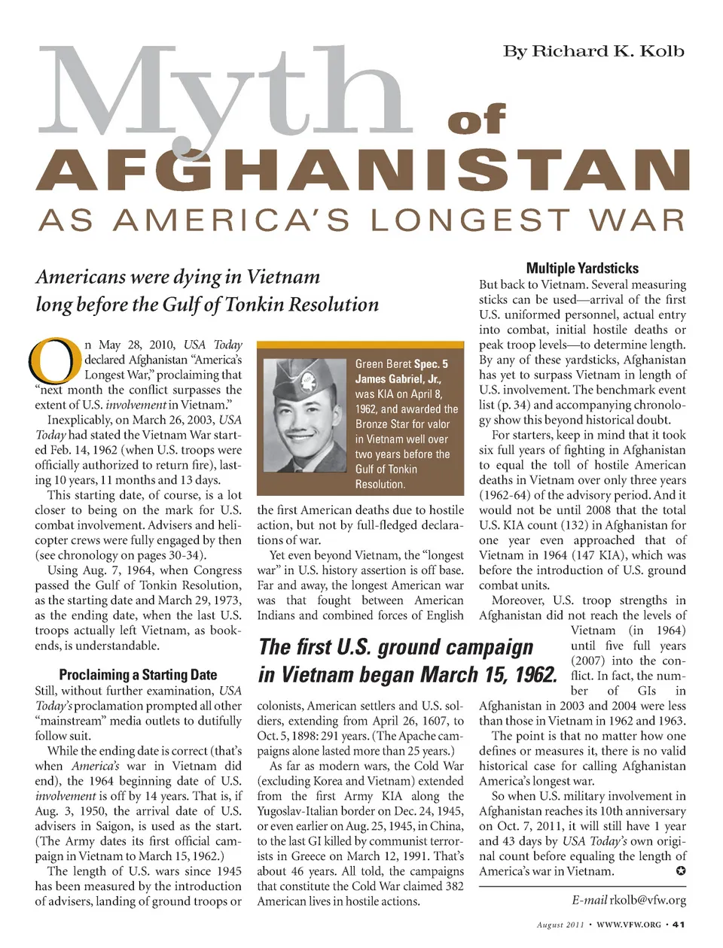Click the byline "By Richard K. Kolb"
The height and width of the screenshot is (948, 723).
(x=593, y=51)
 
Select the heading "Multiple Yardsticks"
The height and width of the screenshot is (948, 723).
(x=582, y=268)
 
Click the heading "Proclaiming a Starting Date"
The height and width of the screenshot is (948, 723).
(x=138, y=675)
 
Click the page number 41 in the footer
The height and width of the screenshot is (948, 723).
(x=679, y=925)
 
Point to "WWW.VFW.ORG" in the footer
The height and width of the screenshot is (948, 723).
(x=628, y=925)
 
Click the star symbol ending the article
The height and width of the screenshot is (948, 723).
(x=681, y=871)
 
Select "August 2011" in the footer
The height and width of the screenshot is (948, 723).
(x=561, y=925)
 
